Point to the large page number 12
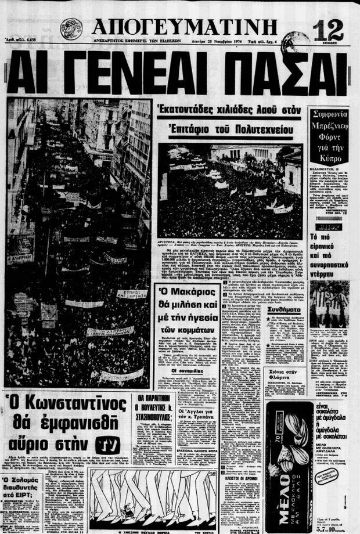329,29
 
